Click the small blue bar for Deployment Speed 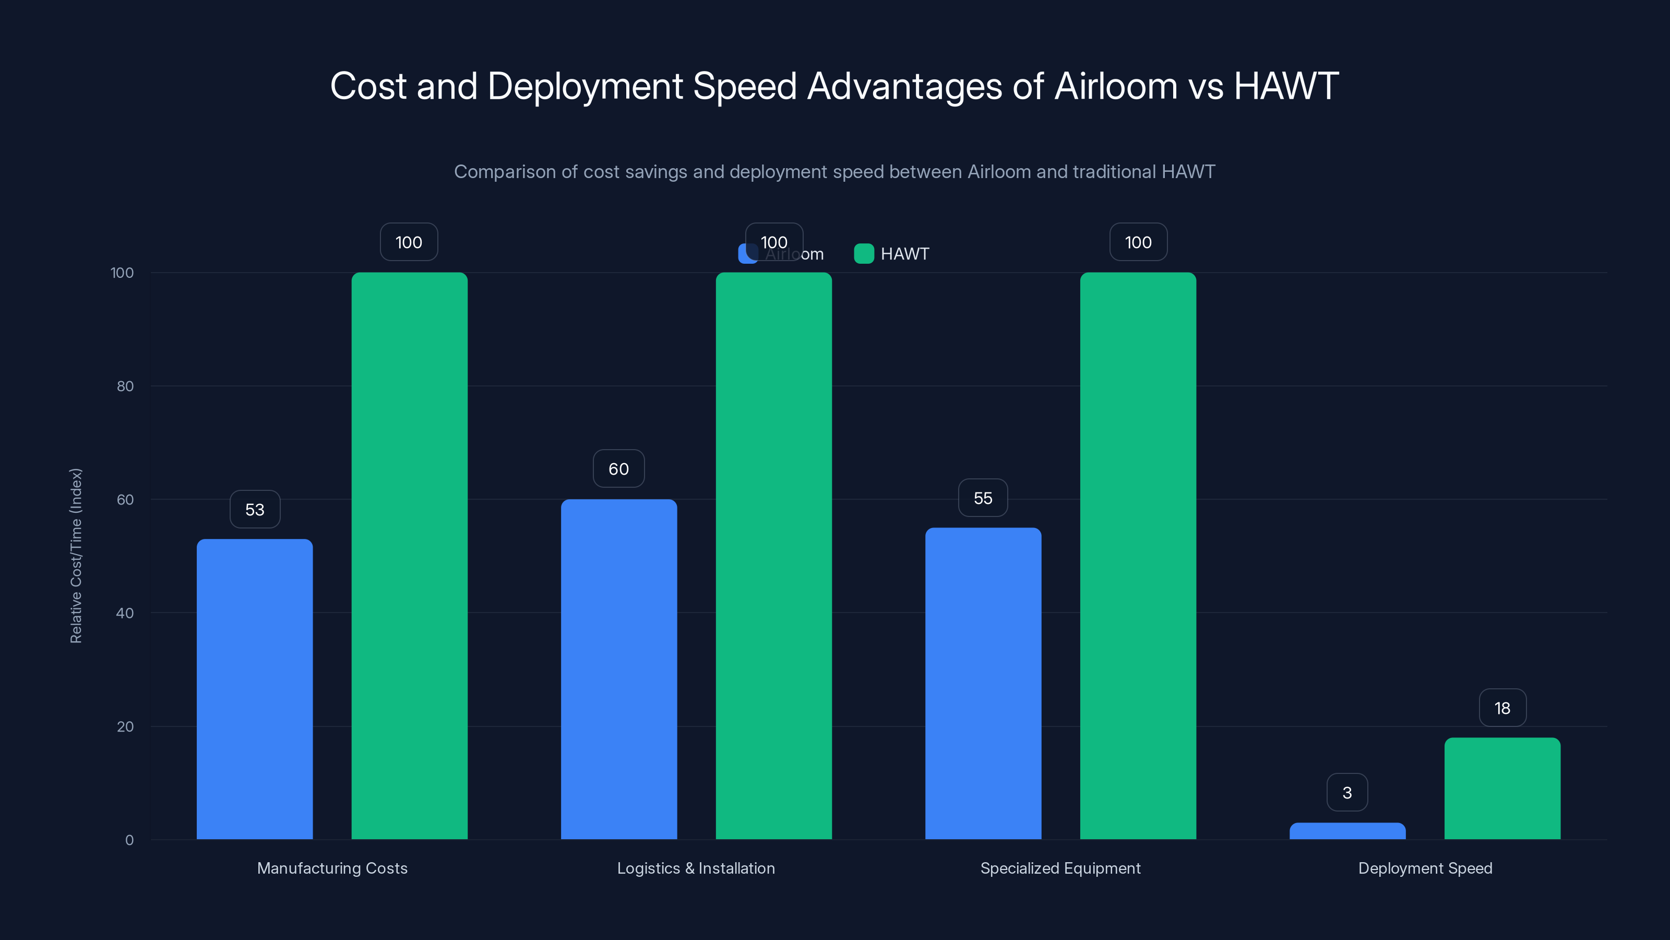[1347, 831]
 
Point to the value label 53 [255, 509]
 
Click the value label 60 [618, 468]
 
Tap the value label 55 [983, 498]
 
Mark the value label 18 [1502, 708]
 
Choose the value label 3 [1347, 792]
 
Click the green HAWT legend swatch [864, 254]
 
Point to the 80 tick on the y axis [125, 386]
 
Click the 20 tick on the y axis [125, 726]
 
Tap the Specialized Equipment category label [1060, 868]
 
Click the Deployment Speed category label [1425, 868]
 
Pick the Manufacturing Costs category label [332, 868]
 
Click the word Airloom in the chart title [1115, 86]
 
